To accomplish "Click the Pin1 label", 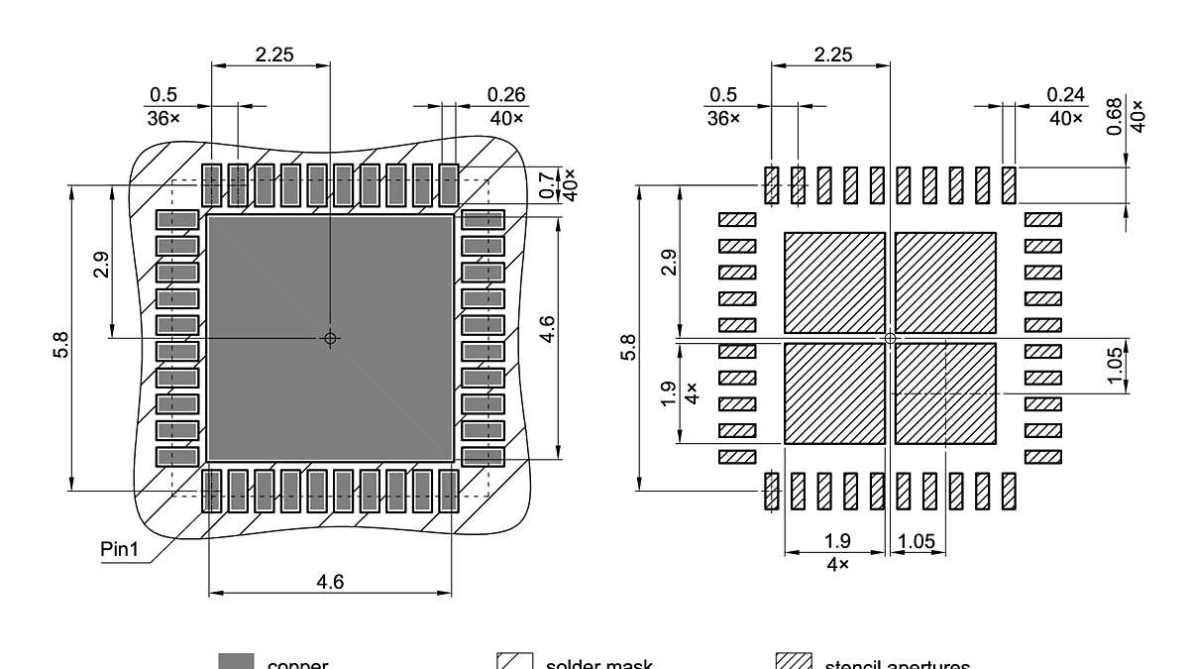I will (119, 549).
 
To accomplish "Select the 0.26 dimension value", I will (506, 95).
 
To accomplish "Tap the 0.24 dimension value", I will (1066, 95).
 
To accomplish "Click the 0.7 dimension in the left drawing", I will (548, 184).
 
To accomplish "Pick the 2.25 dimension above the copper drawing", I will (273, 56).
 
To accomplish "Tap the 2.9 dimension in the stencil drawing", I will (670, 264).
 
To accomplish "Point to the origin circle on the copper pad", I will (330, 338).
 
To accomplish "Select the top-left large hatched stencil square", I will (833, 282).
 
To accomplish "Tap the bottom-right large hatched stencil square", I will (945, 393).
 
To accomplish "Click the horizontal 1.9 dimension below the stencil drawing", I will (837, 542).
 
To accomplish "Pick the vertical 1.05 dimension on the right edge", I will (1115, 365).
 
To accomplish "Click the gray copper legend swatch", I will (236, 662).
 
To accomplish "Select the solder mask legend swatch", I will (515, 662).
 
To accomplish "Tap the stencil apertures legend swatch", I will (794, 662).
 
